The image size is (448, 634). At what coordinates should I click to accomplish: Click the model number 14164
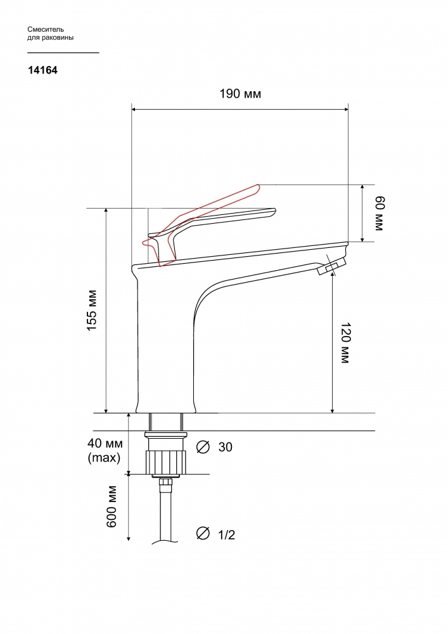[x=43, y=70]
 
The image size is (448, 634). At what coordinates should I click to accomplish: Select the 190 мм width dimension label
[x=240, y=94]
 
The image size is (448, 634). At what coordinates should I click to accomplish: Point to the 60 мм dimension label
[x=378, y=213]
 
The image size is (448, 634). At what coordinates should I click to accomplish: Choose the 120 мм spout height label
[x=345, y=343]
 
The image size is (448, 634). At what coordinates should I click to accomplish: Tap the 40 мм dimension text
[x=105, y=443]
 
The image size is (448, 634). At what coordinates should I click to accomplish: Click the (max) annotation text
[x=104, y=458]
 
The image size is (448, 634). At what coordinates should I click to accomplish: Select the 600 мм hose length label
[x=112, y=507]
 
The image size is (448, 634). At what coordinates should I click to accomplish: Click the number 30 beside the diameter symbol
[x=226, y=447]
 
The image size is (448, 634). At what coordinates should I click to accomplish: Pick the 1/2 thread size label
[x=227, y=535]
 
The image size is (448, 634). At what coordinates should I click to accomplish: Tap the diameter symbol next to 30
[x=203, y=447]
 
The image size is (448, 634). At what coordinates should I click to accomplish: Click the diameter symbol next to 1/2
[x=203, y=533]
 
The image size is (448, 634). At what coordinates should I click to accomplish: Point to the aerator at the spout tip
[x=331, y=266]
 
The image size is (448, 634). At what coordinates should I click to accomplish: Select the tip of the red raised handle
[x=257, y=186]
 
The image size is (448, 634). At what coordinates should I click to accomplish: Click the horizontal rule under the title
[x=63, y=53]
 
